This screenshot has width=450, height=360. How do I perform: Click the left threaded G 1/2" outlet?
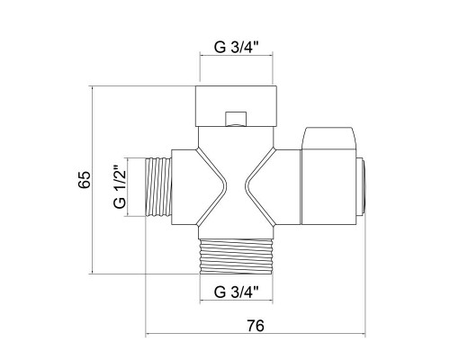(x=159, y=187)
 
